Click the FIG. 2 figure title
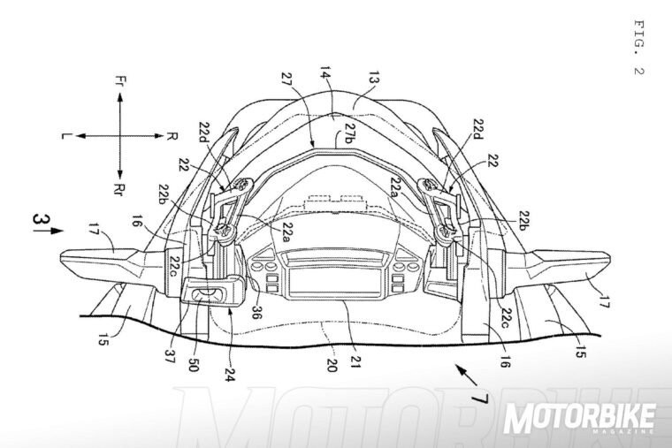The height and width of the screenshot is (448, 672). click(639, 46)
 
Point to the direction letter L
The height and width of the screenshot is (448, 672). click(66, 136)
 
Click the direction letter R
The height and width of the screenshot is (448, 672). click(170, 136)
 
